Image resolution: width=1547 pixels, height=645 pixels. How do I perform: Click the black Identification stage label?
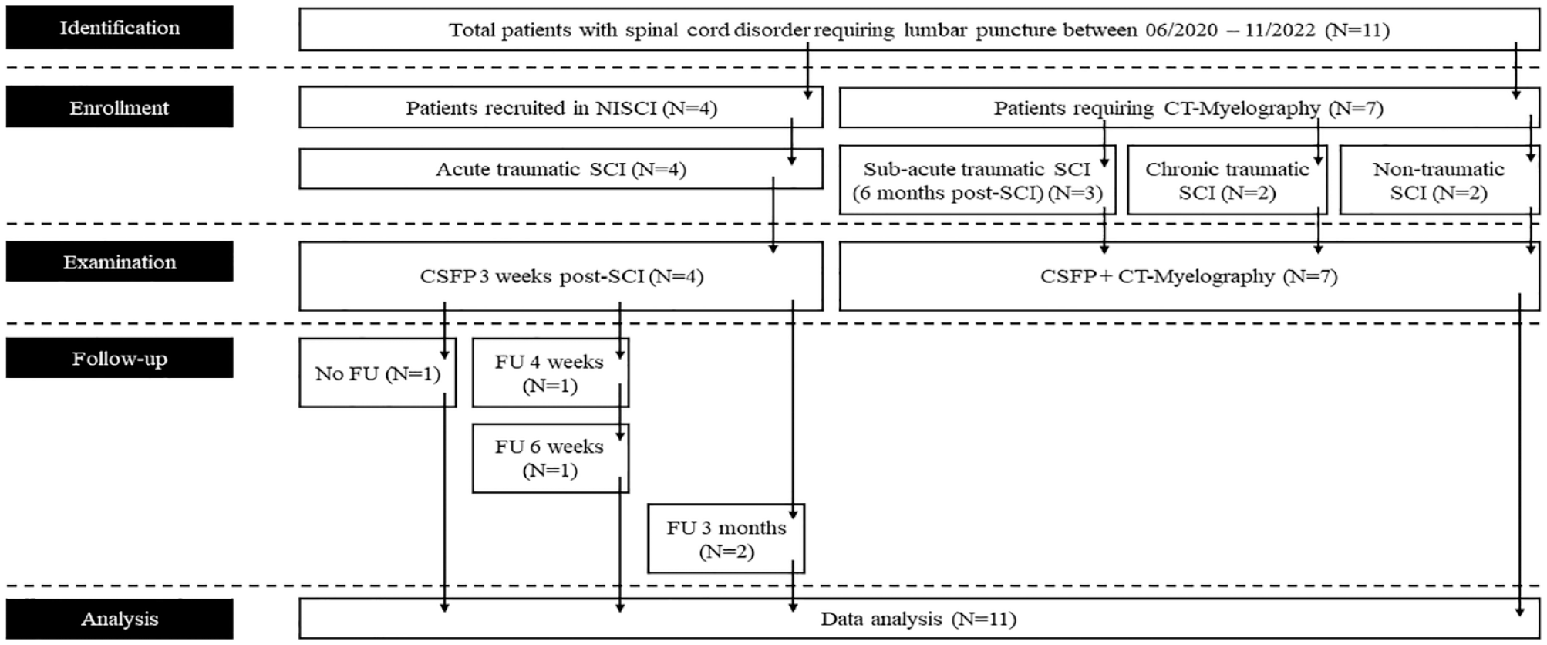tap(120, 28)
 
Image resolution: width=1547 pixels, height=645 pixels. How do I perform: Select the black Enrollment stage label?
tap(120, 106)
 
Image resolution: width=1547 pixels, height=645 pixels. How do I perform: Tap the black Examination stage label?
tap(120, 262)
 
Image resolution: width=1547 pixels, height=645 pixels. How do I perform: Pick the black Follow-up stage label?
tap(120, 358)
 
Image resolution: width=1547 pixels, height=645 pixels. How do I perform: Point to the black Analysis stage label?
tap(120, 619)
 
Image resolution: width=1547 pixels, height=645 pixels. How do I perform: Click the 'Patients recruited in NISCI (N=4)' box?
tap(561, 107)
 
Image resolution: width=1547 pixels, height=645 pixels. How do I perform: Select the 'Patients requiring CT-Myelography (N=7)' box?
tap(1188, 107)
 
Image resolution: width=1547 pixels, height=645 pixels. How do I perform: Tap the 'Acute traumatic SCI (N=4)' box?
tap(561, 168)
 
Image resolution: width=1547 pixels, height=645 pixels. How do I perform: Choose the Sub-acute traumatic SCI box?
tap(977, 180)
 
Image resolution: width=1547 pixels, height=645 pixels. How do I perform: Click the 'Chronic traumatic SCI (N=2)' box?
tap(1227, 180)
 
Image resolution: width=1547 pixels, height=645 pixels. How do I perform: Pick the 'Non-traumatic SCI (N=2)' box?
tap(1439, 180)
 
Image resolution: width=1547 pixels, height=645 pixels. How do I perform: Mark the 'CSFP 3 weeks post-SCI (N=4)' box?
tap(561, 276)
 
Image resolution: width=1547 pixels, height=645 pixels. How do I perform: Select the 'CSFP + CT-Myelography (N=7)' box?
tap(1188, 276)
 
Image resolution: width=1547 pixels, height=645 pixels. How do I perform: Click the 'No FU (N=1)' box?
tap(377, 373)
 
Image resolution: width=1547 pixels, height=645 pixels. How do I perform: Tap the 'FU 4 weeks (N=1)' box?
tap(550, 373)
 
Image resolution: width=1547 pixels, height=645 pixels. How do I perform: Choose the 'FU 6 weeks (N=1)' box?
tap(550, 458)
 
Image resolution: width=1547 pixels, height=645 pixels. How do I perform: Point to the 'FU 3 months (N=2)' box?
tap(726, 539)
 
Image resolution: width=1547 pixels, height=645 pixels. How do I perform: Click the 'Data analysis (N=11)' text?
tap(918, 619)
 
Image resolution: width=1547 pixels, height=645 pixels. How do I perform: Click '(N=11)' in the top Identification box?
tap(1357, 31)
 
